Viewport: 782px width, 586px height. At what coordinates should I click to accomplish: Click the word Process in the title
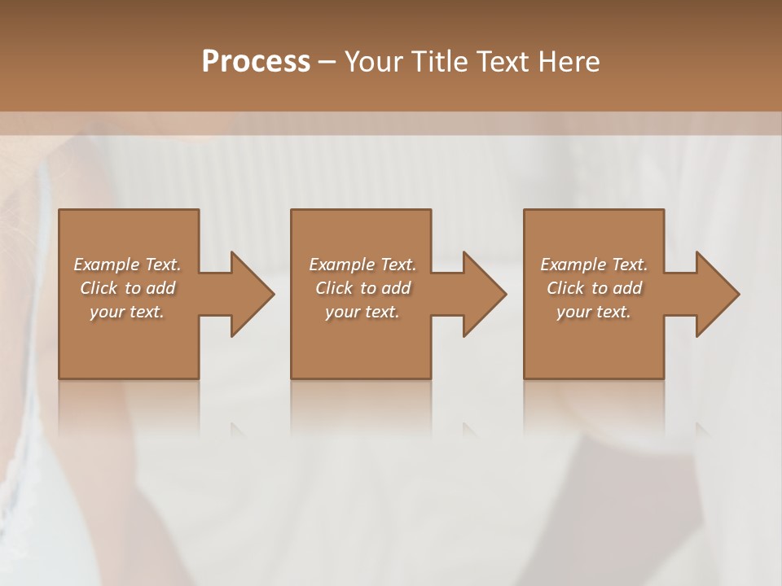coord(256,62)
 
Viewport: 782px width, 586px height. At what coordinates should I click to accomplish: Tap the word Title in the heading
coord(438,62)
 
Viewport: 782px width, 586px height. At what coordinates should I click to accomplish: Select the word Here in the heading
coord(569,62)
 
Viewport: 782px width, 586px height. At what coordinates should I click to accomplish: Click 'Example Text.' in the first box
coord(127,265)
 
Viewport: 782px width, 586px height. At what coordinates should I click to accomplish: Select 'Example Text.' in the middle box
coord(362,265)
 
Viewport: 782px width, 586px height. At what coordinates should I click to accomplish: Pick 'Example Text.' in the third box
coord(594,265)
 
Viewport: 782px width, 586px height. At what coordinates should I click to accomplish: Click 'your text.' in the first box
coord(127,312)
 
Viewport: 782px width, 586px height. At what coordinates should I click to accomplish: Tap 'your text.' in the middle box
coord(362,312)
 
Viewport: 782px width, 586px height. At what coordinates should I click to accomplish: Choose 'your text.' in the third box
coord(594,312)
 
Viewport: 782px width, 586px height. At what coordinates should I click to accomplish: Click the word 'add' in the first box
coord(160,288)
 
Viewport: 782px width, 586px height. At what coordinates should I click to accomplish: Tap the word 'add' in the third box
coord(627,288)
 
